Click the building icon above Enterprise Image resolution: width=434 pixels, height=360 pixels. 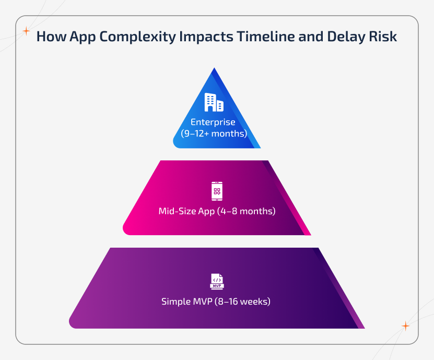[214, 102]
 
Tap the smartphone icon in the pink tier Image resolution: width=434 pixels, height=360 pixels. [217, 191]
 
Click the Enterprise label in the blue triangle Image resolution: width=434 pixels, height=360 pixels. [213, 122]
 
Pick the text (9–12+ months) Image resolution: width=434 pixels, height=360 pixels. [213, 133]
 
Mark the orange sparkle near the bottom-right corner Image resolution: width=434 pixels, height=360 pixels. [405, 326]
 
